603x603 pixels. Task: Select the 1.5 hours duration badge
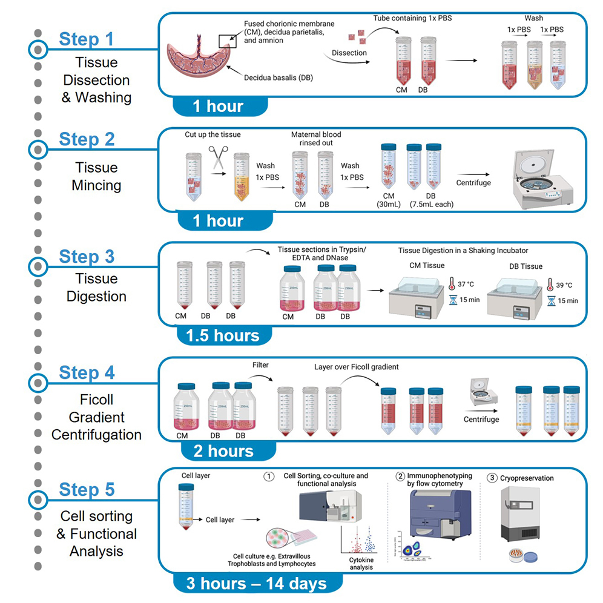coord(218,336)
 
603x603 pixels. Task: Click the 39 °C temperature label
coord(564,285)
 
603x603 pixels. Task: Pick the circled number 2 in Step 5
coord(400,476)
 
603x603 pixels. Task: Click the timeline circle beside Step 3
coord(38,265)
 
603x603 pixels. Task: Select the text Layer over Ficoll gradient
coord(357,367)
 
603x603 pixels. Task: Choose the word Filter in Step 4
coord(260,365)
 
